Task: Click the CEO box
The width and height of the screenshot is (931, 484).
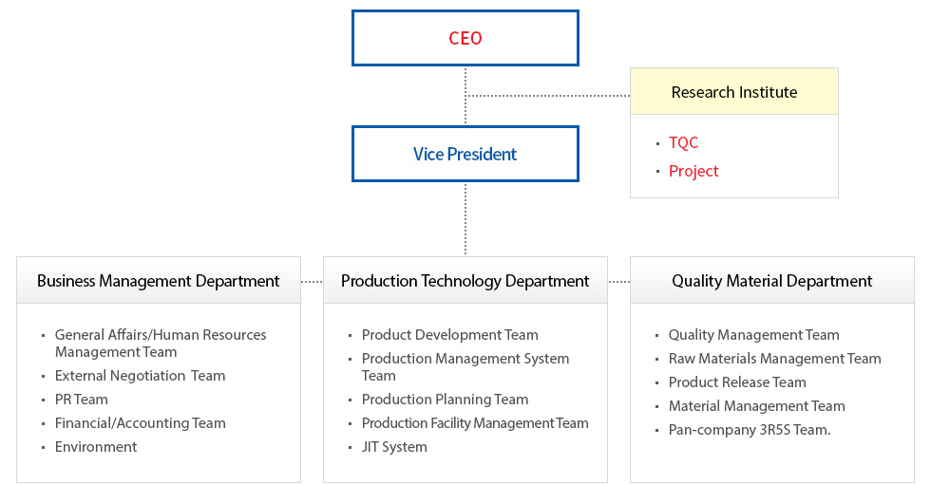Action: tap(465, 38)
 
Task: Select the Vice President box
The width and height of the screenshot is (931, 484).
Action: tap(465, 154)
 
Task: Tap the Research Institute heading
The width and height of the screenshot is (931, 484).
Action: tap(733, 92)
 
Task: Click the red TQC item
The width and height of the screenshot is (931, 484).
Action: tap(683, 142)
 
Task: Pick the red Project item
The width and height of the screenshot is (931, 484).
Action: tap(693, 171)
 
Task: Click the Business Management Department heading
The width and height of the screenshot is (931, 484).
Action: tap(158, 281)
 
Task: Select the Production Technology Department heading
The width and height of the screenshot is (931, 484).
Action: tap(465, 281)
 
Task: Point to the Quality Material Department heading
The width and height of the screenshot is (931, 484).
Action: tap(771, 281)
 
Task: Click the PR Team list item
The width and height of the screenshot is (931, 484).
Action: tap(82, 400)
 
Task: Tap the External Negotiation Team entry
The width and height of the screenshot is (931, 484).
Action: tap(141, 376)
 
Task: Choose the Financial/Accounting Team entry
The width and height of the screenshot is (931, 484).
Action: tap(141, 423)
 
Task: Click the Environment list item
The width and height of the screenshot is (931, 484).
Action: tap(96, 447)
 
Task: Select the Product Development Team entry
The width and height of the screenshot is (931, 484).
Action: tap(450, 334)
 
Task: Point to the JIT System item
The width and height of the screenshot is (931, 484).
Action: tap(394, 447)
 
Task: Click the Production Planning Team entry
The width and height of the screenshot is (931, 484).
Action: tap(445, 400)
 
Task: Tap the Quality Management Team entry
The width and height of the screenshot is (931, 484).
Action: tap(754, 334)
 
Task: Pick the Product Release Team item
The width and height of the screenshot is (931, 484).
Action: tap(737, 382)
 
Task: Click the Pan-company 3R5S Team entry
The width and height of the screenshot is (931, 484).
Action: tap(750, 429)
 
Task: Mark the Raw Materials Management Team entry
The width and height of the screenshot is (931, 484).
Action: tap(775, 359)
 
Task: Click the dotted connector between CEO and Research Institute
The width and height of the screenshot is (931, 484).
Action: tap(547, 96)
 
